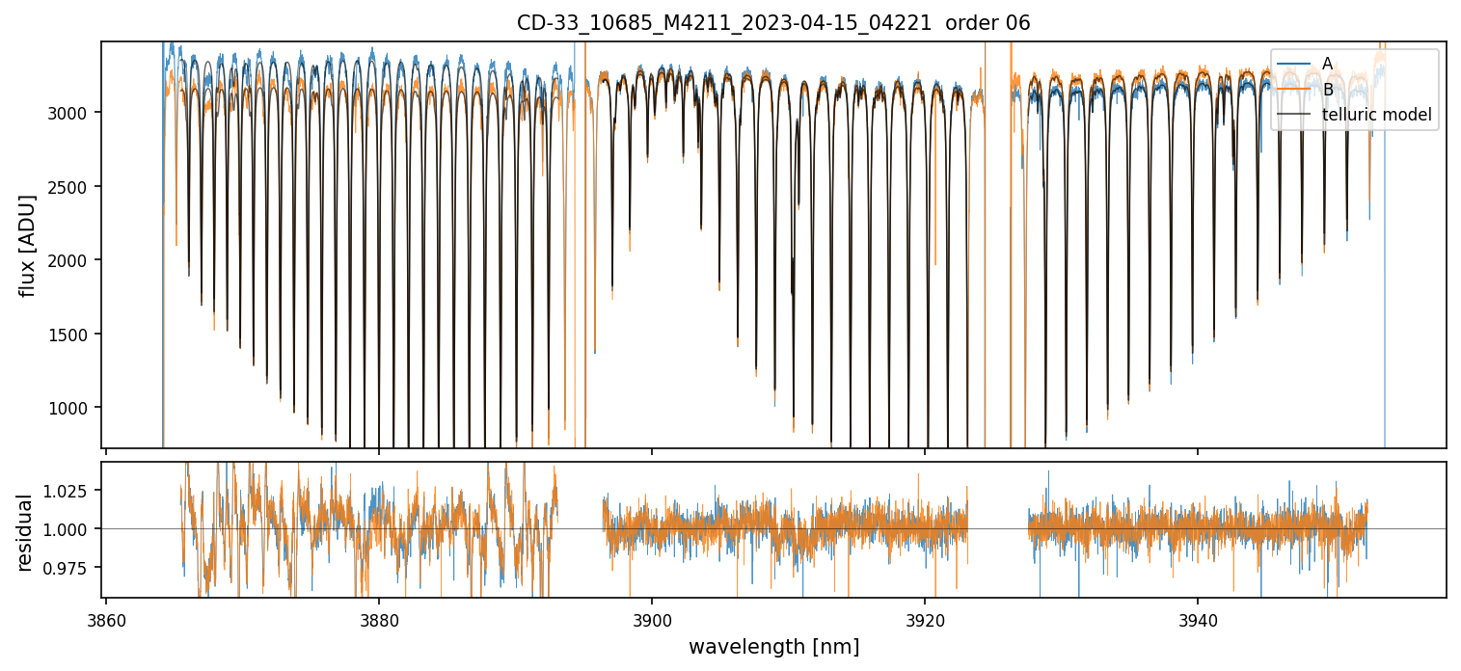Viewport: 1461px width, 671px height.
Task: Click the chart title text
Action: point(773,23)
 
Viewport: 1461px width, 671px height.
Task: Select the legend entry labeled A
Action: point(1327,64)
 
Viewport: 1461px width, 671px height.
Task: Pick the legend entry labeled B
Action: point(1327,90)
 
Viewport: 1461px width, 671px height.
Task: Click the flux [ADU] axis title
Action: point(27,245)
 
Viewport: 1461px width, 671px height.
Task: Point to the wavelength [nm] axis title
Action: point(773,646)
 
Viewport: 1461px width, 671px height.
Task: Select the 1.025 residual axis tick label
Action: point(68,491)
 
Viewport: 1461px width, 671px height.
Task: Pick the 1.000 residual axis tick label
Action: point(68,528)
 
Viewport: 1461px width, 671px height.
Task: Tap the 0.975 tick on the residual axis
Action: point(68,567)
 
